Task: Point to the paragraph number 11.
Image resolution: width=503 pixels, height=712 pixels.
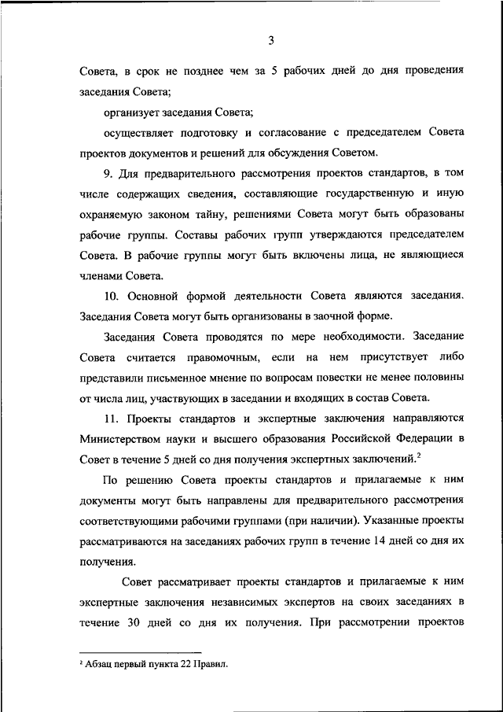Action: point(111,418)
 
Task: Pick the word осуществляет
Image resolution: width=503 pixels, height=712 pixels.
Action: point(140,131)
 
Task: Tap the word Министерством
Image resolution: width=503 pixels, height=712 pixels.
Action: point(123,438)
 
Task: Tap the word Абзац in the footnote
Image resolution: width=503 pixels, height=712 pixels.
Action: point(100,664)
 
